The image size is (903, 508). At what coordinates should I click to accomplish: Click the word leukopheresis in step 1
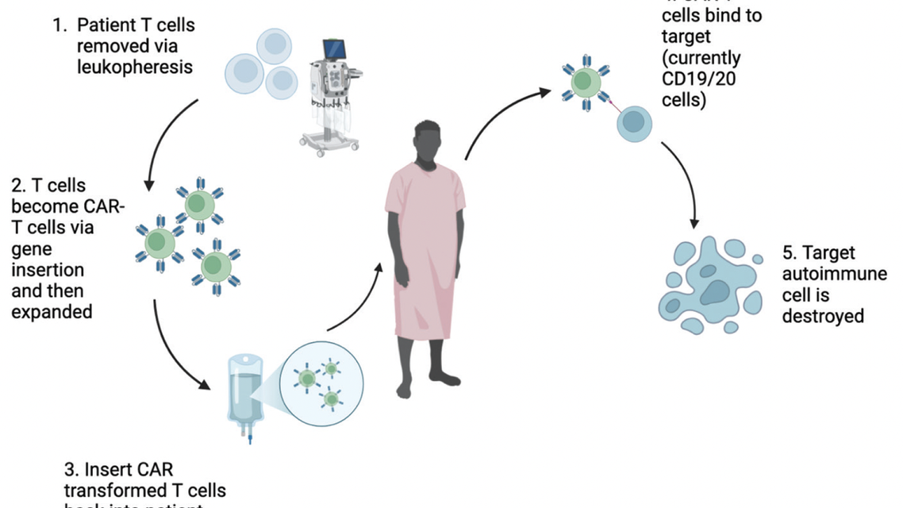[135, 67]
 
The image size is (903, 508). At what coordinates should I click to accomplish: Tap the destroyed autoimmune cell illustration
[705, 284]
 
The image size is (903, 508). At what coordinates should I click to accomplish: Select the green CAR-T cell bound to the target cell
[585, 81]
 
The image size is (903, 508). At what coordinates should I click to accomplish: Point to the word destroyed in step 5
[823, 316]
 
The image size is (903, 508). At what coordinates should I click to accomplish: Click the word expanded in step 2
[52, 311]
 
